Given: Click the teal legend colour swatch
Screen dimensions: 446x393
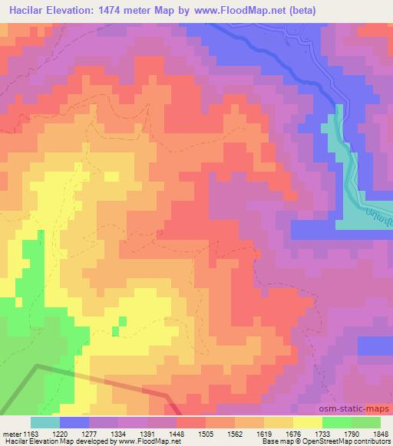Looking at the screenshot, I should pos(45,422).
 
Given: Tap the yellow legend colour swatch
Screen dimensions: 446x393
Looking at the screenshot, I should pos(308,422).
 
